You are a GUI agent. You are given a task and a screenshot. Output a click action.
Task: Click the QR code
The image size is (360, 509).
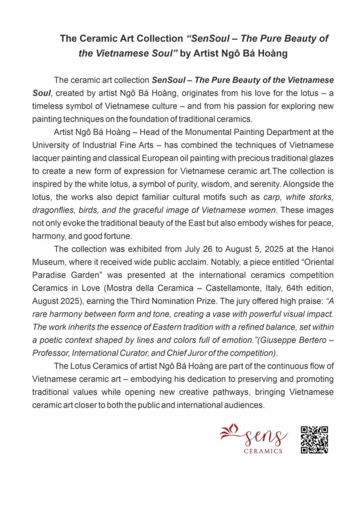tap(314, 439)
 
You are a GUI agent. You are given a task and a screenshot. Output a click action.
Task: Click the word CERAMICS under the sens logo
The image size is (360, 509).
tap(263, 451)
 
